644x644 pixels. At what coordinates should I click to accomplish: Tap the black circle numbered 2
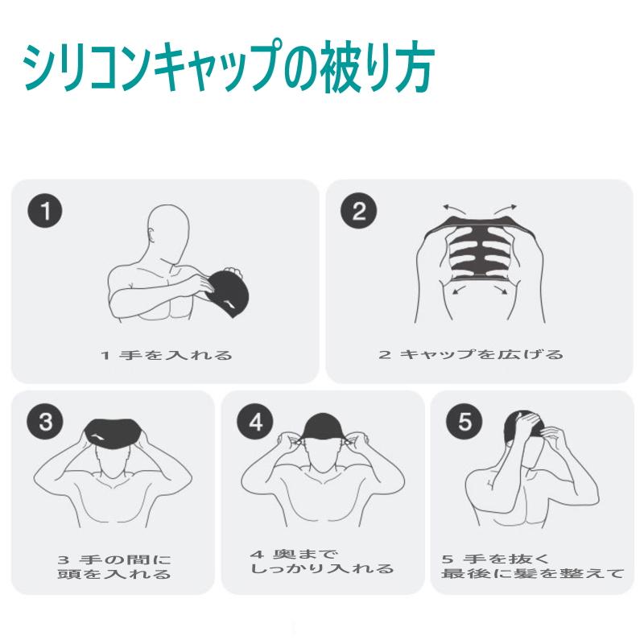coord(359,213)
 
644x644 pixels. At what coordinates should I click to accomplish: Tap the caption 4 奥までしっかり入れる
coord(322,562)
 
